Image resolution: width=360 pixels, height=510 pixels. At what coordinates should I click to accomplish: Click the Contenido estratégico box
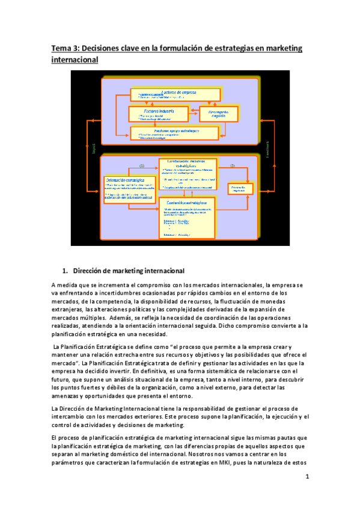[x=186, y=217]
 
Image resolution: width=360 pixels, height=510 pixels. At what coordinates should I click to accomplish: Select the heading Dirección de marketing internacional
[x=128, y=270]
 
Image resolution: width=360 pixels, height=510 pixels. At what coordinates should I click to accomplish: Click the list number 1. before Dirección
[x=66, y=270]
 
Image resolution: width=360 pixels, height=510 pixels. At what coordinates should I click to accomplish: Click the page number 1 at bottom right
[x=307, y=478]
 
